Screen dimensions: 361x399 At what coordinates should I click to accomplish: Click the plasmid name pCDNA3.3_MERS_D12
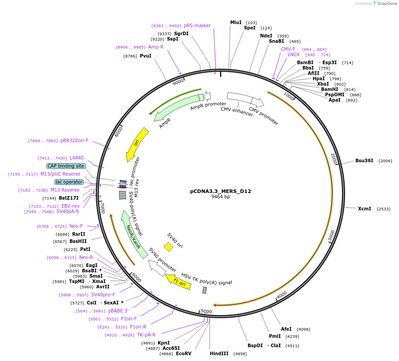coord(220,191)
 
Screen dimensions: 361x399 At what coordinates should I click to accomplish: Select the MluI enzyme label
coord(236,22)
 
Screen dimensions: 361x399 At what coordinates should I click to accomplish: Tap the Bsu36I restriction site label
coord(364,160)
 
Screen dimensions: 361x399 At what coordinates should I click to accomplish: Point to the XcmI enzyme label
coord(364,209)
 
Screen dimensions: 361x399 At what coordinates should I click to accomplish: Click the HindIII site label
coord(219,353)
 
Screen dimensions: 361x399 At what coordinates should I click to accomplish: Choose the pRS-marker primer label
coord(197,25)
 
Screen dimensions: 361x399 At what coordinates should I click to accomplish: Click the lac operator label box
coord(69,182)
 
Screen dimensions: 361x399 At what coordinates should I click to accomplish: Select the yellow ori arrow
coord(137,144)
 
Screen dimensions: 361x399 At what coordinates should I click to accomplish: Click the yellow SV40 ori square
coord(168,246)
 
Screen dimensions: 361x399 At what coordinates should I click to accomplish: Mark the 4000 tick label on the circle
coord(282,295)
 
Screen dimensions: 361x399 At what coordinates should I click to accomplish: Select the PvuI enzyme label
coord(146,56)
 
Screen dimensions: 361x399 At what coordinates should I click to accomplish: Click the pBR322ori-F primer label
coord(74,140)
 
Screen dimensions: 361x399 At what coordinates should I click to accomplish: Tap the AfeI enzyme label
coord(286,329)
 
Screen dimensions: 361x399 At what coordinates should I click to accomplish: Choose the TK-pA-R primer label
coord(146,335)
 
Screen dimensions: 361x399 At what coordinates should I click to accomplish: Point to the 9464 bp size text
coord(220,197)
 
